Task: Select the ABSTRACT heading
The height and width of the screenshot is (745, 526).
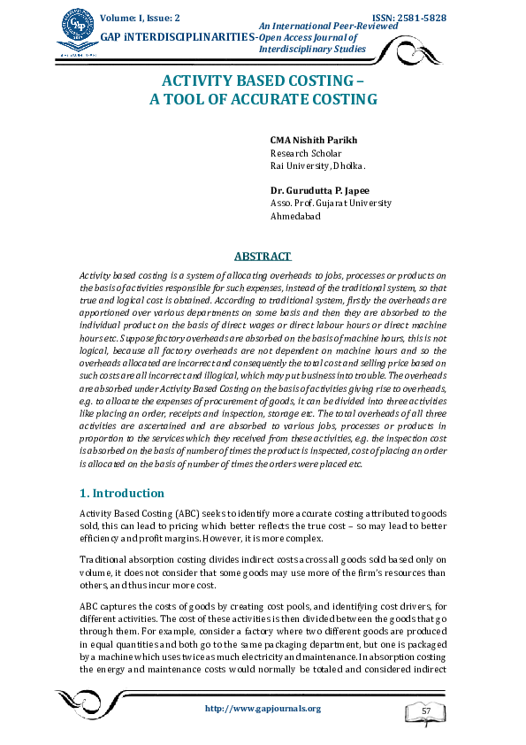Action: click(262, 257)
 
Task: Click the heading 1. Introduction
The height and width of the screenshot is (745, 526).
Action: click(122, 493)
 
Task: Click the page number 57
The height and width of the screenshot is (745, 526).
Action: click(426, 711)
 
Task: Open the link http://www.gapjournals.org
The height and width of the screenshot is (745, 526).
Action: click(263, 708)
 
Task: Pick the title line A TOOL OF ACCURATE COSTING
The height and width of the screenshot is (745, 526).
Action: click(263, 100)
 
